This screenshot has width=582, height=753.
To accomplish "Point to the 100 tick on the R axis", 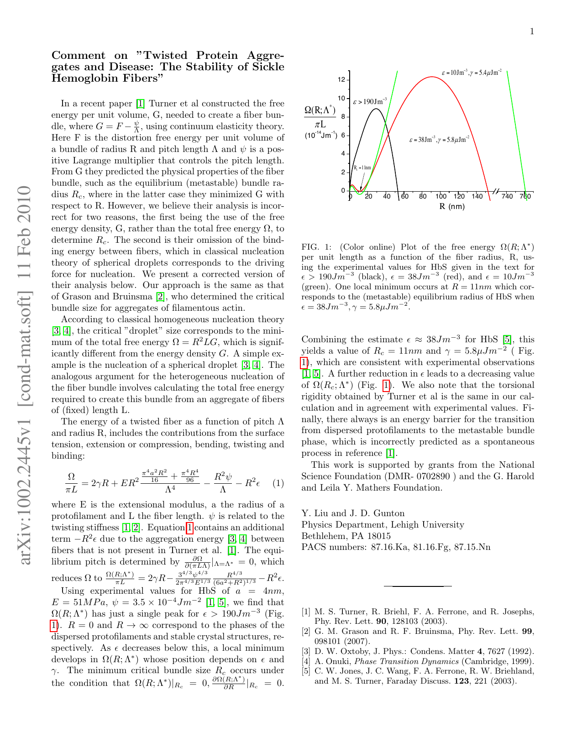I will coord(440,196).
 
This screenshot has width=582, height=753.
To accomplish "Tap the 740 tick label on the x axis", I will coord(507,196).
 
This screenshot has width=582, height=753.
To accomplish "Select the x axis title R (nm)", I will coord(452,207).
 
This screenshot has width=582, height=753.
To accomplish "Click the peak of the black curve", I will coord(375,109).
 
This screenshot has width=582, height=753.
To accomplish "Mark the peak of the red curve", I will coord(431,77).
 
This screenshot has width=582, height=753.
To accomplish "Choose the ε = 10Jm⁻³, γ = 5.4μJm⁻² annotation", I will coord(472,72).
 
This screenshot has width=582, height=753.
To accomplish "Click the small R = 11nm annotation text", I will coord(362,167).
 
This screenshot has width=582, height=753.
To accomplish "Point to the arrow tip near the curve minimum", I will coord(360,190).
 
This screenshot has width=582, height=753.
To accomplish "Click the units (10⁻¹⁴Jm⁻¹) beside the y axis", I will coord(321,136).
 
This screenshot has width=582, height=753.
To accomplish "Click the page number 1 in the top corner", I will coord(532,31).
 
